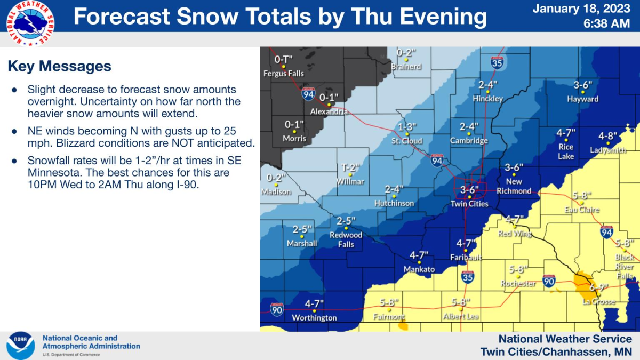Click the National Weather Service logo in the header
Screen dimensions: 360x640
(x=30, y=23)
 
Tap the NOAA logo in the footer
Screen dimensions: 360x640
(x=21, y=345)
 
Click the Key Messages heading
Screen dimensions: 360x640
(x=59, y=66)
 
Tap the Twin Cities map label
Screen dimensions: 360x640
(x=469, y=204)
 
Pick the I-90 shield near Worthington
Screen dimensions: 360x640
(x=276, y=309)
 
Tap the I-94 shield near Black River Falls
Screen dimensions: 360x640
(x=606, y=232)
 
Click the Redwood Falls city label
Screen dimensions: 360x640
(x=346, y=239)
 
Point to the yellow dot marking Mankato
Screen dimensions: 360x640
(x=419, y=262)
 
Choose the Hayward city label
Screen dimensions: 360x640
(x=582, y=99)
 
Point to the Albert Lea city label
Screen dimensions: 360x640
(x=460, y=316)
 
